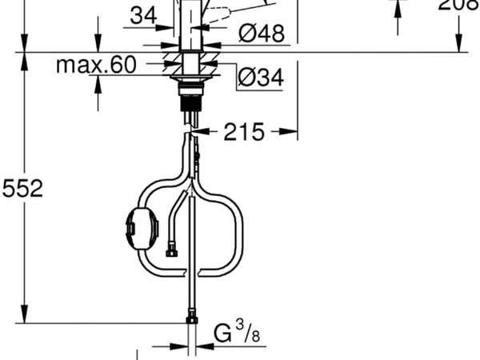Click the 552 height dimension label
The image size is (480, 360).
(22, 188)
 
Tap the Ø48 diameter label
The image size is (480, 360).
(261, 34)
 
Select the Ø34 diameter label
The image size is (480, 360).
(261, 78)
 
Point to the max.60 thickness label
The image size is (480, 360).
(97, 66)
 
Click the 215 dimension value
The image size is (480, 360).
(243, 132)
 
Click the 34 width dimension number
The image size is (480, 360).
(144, 14)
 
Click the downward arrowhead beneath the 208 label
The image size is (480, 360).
(458, 45)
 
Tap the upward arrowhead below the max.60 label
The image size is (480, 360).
(98, 81)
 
